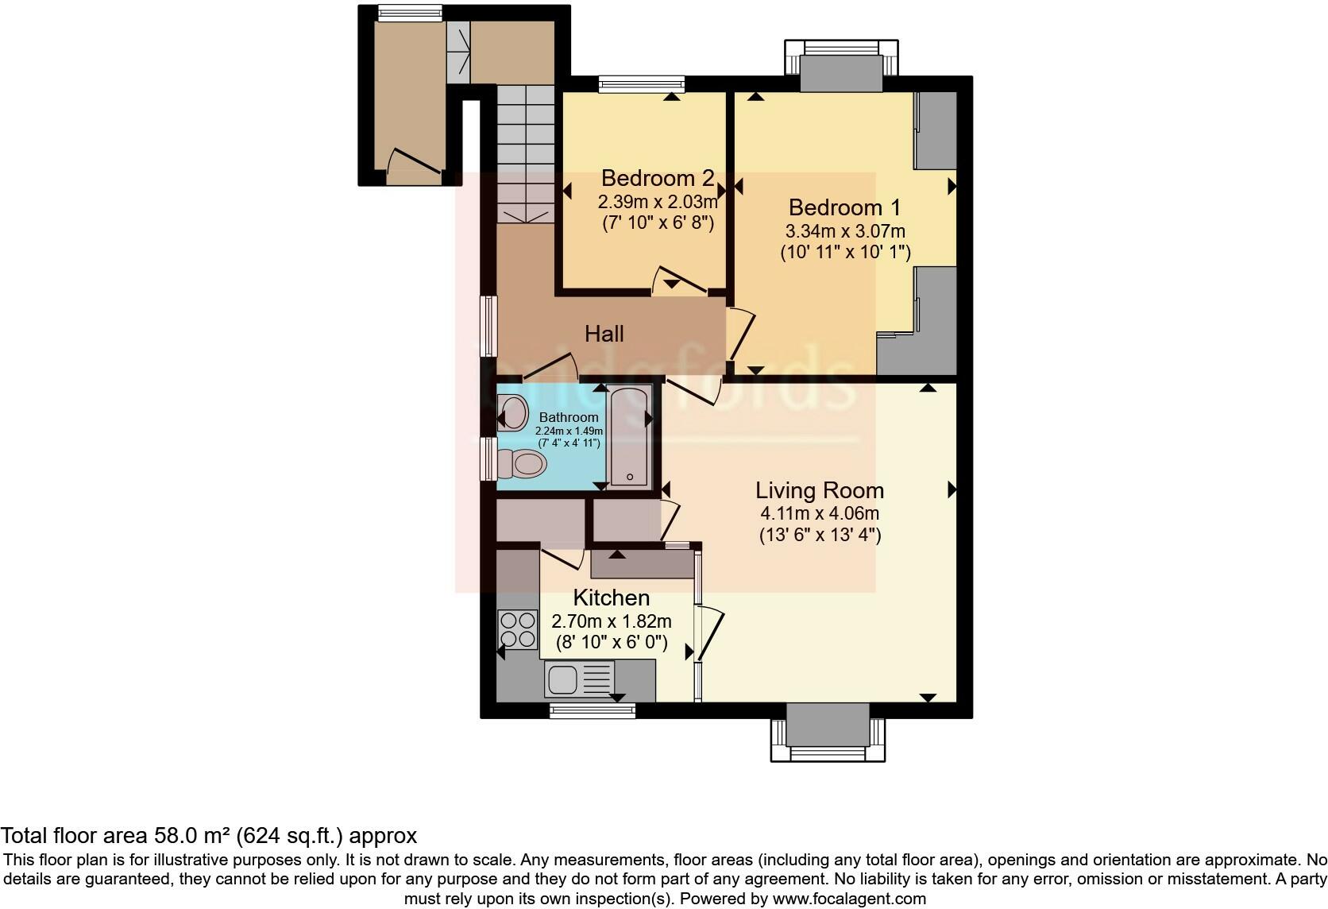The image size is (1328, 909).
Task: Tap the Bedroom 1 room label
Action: pos(844,208)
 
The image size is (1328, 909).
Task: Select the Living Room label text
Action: pos(819,490)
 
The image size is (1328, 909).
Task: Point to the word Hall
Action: pos(604,334)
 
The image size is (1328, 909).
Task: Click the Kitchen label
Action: pos(611,598)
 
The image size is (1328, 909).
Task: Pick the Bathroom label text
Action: pos(568,417)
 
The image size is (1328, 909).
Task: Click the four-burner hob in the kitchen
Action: pos(517,629)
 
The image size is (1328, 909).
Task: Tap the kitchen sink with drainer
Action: pos(579,679)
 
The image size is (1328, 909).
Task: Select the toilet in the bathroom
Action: pos(521,463)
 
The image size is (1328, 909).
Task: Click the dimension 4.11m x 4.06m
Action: pos(819,513)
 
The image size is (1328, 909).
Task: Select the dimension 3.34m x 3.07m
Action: pos(844,231)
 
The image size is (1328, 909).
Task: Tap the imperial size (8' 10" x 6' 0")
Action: pos(611,642)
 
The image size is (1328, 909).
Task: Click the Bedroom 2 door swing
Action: pos(678,280)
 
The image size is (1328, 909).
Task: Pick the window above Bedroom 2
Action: pos(641,82)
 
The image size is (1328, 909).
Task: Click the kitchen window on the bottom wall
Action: pos(593,710)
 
